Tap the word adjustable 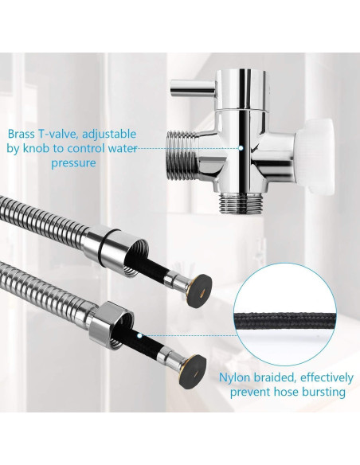(x=108, y=134)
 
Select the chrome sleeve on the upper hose (x=111, y=244)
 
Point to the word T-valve (x=62, y=134)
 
